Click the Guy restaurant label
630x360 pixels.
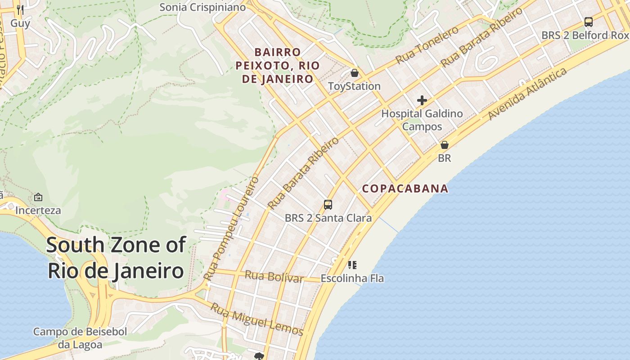click(x=20, y=23)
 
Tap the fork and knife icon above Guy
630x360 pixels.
click(x=20, y=9)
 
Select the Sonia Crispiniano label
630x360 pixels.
click(x=202, y=7)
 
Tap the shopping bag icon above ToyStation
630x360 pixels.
click(x=355, y=73)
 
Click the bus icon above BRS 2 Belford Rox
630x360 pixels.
click(x=588, y=22)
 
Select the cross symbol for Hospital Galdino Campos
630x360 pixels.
click(x=422, y=100)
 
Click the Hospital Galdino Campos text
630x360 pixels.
click(x=422, y=120)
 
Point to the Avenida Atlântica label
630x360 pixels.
click(x=527, y=94)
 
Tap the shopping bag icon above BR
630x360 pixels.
click(x=445, y=145)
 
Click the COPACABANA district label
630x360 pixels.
click(x=405, y=189)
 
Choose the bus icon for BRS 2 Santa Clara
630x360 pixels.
click(x=328, y=205)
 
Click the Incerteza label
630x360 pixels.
click(x=38, y=210)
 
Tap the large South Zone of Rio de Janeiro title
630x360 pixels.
click(x=116, y=258)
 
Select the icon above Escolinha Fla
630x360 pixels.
click(x=352, y=265)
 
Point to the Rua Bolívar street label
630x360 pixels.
click(x=274, y=276)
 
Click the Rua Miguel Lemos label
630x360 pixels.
click(x=257, y=320)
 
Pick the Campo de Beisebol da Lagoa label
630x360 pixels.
click(x=80, y=338)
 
